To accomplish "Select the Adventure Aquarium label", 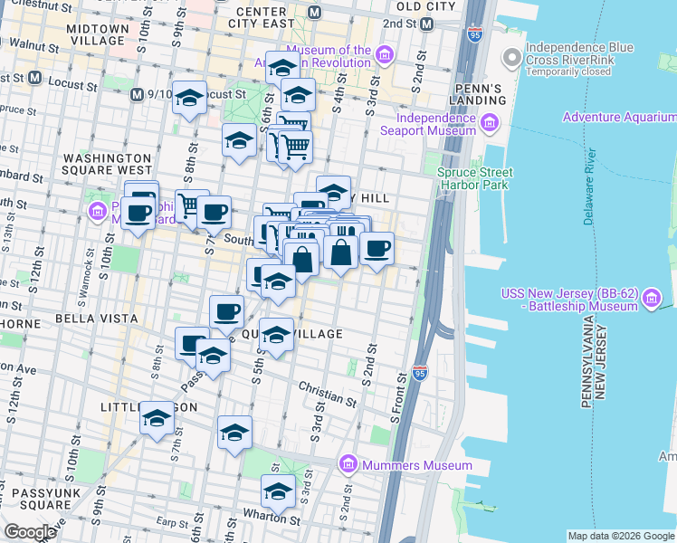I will (x=618, y=118).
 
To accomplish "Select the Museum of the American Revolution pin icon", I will (x=385, y=56).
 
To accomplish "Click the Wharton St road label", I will (x=277, y=520).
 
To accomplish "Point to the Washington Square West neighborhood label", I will (x=107, y=163).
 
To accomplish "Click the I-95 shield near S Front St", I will (x=419, y=372).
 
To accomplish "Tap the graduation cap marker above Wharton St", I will (x=278, y=491).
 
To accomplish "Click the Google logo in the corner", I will (x=30, y=532).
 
